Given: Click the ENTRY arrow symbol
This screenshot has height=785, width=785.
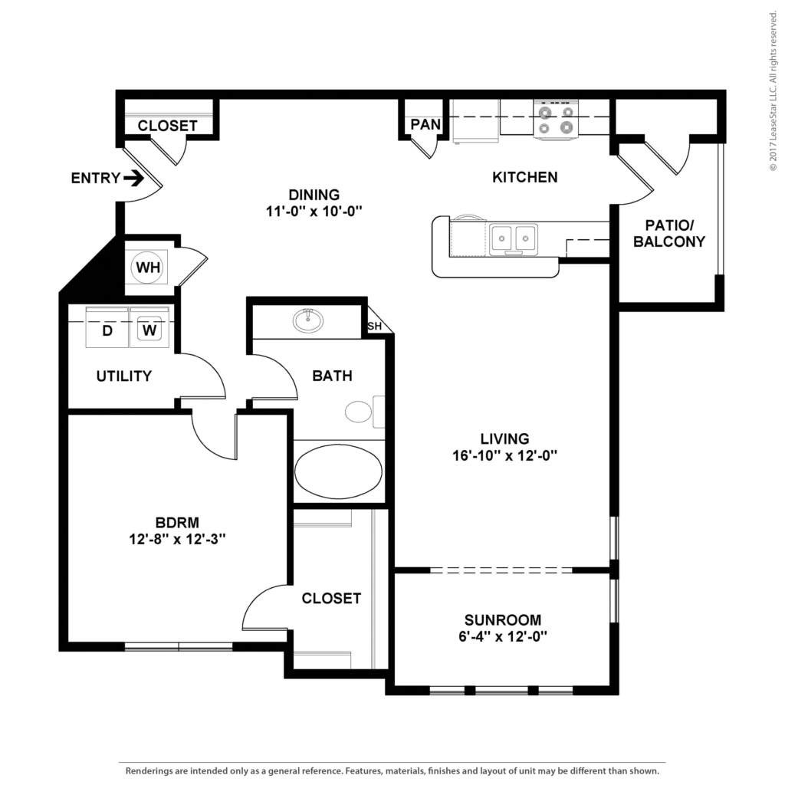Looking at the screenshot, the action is click(133, 178).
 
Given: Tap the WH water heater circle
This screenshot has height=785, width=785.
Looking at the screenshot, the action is click(148, 268).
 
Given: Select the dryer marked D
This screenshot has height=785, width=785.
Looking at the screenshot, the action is click(107, 327).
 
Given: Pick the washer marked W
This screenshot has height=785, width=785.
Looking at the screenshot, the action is click(149, 327).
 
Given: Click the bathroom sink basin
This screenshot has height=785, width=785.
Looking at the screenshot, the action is click(308, 320).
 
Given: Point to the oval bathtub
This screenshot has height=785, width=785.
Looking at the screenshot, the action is click(338, 471).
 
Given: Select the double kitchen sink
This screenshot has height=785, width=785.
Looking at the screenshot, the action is click(513, 239).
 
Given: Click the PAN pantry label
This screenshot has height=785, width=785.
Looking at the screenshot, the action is click(425, 123).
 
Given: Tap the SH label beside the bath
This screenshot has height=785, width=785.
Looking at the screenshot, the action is click(374, 326).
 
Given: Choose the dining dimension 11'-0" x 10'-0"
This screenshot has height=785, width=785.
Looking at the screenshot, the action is click(314, 211).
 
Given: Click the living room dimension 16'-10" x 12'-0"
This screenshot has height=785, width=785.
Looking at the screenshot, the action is click(504, 455).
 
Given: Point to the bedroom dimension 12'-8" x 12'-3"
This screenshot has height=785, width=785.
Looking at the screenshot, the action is click(177, 539).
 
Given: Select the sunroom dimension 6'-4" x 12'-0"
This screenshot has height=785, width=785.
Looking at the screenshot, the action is click(503, 636).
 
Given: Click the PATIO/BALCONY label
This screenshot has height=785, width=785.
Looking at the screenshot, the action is click(668, 233).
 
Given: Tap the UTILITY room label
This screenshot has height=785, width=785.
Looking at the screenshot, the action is click(124, 376).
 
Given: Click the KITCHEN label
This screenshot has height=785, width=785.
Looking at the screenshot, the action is click(524, 177).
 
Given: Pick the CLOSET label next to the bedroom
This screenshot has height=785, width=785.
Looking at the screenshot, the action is click(331, 598).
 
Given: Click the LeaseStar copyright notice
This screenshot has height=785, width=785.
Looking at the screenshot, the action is click(773, 90).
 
